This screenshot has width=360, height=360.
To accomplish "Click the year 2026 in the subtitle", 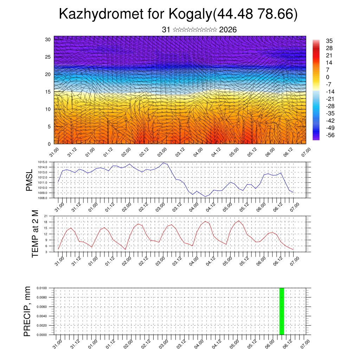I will (228, 30).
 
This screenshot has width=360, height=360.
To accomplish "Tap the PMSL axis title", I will (29, 180).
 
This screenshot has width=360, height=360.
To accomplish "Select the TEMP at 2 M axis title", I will (35, 233).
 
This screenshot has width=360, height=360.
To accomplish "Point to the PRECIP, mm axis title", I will (27, 311).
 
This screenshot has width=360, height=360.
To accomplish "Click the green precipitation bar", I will (282, 311).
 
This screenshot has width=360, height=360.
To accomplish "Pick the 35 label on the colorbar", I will (329, 41).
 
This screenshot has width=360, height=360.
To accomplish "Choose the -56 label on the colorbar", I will (330, 135).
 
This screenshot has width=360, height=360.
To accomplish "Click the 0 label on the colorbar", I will (328, 77).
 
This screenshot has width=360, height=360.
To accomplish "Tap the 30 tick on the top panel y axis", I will (48, 39).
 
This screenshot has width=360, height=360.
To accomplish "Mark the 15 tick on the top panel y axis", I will (48, 92).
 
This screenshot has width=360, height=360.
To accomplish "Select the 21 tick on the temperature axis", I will (46, 216).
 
